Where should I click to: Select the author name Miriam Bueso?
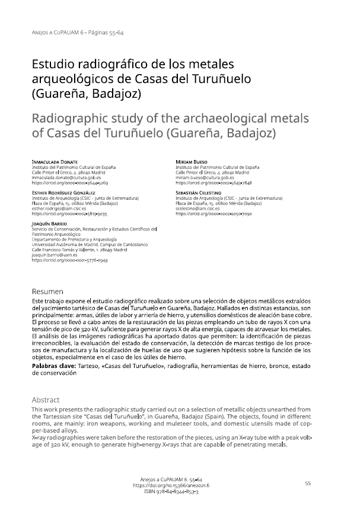click(192, 162)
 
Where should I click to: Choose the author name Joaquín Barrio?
click(49, 222)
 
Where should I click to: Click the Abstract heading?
click(46, 399)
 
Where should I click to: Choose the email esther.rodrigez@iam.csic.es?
click(62, 208)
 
